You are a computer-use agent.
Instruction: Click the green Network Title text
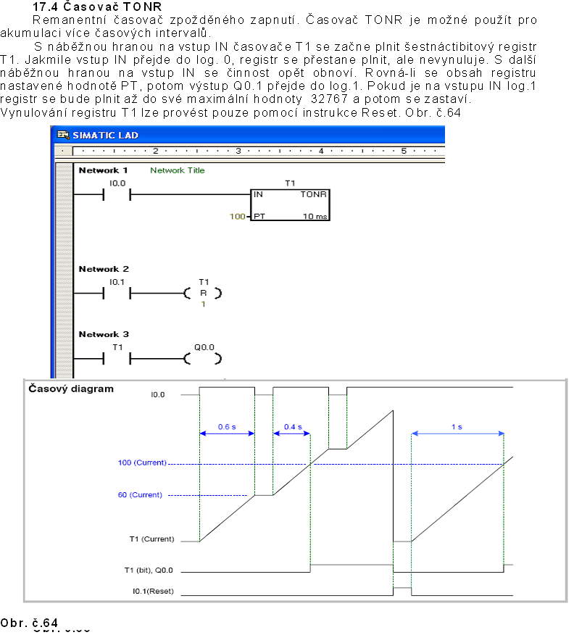pyautogui.click(x=177, y=170)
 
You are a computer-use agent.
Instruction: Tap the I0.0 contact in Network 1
pyautogui.click(x=117, y=194)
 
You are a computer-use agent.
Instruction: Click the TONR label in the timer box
pyautogui.click(x=313, y=195)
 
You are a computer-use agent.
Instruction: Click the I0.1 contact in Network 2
pyautogui.click(x=117, y=294)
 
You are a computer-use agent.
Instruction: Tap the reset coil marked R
pyautogui.click(x=203, y=294)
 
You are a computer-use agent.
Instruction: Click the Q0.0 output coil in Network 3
pyautogui.click(x=203, y=358)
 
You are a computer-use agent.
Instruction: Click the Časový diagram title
pyautogui.click(x=71, y=389)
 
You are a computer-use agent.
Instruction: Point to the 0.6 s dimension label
pyautogui.click(x=227, y=427)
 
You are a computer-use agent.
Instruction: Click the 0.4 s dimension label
pyautogui.click(x=292, y=427)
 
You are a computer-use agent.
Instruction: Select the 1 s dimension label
pyautogui.click(x=457, y=427)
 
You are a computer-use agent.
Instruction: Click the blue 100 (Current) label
pyautogui.click(x=142, y=462)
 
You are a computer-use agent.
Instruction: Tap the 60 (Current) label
pyautogui.click(x=139, y=495)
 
